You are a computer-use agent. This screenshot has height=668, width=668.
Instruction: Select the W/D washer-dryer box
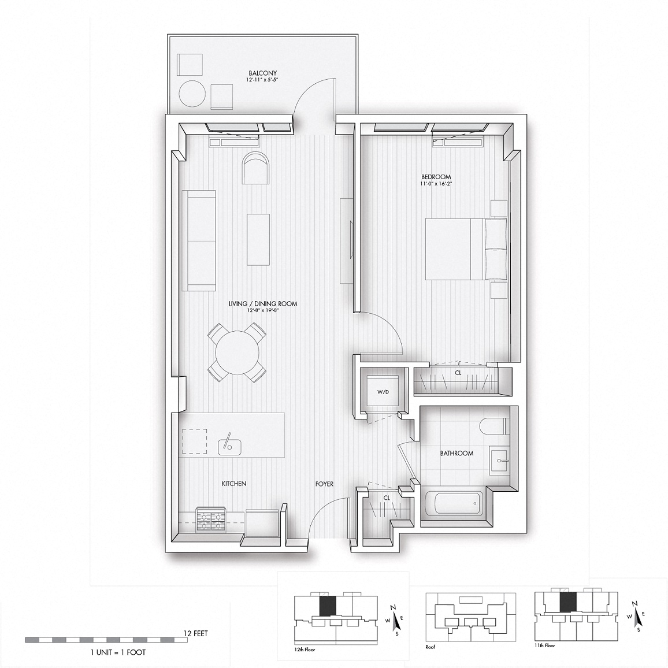pyautogui.click(x=383, y=392)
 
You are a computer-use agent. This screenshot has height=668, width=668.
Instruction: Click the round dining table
pyautogui.click(x=237, y=352)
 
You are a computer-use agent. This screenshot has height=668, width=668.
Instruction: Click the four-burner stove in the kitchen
pyautogui.click(x=211, y=519)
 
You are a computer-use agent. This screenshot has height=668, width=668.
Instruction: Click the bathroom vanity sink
pyautogui.click(x=499, y=461)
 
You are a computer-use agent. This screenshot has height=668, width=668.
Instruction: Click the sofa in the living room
pyautogui.click(x=199, y=240)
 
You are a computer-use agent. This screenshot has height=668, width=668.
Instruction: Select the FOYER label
pyautogui.click(x=324, y=484)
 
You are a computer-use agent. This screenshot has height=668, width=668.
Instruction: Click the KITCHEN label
pyautogui.click(x=234, y=484)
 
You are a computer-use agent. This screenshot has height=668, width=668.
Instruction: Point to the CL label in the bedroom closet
pyautogui.click(x=458, y=373)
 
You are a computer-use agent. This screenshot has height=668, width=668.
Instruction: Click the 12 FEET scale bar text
pyautogui.click(x=195, y=633)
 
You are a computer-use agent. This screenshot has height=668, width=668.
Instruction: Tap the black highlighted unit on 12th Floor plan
pyautogui.click(x=328, y=606)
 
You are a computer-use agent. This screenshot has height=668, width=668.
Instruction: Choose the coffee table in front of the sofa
pyautogui.click(x=258, y=238)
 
